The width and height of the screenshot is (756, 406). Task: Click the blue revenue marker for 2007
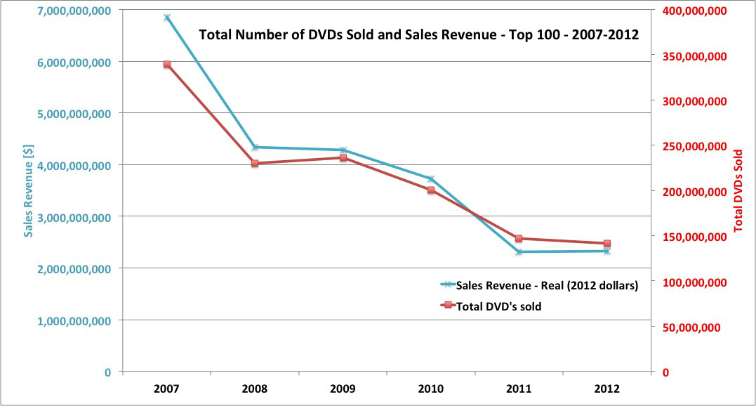tap(167, 17)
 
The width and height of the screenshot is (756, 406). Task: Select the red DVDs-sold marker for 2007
tap(167, 64)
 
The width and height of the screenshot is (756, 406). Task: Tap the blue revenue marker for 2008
tap(255, 147)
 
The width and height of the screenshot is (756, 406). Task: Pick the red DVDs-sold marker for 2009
tap(343, 157)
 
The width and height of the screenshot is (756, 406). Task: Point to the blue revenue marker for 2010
tap(430, 178)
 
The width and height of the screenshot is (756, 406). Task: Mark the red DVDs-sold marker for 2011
tap(519, 238)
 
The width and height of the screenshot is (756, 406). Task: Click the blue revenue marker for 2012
tap(606, 251)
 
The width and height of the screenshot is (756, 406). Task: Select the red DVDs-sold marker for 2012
tap(606, 243)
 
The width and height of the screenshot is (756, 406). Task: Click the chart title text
tap(419, 34)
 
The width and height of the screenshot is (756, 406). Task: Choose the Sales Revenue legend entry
tap(546, 285)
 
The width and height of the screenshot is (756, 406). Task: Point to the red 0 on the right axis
tap(665, 372)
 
